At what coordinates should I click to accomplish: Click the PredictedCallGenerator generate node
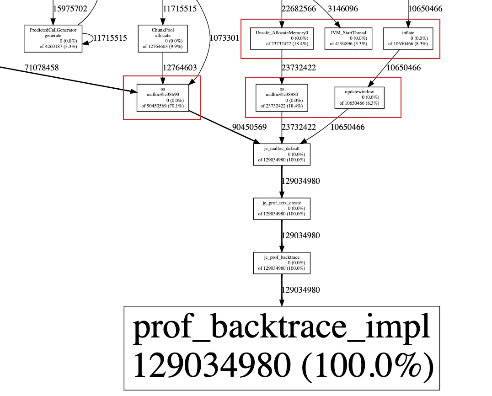[x=53, y=38]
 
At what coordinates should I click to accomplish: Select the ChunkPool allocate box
[x=163, y=38]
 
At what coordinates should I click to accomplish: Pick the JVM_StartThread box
[x=348, y=38]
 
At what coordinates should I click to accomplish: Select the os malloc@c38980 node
[x=282, y=97]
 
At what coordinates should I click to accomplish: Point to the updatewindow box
[x=359, y=97]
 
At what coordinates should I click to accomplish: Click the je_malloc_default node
[x=282, y=154]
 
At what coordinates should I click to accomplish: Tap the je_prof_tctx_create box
[x=282, y=209]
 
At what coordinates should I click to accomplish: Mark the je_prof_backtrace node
[x=282, y=263]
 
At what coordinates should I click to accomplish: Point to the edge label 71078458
[x=42, y=68]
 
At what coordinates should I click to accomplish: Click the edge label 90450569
[x=249, y=127]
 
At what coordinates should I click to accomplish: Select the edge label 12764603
[x=180, y=68]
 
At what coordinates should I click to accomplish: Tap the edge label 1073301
[x=224, y=38]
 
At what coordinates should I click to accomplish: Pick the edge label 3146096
[x=343, y=9]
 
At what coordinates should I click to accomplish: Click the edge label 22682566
[x=299, y=9]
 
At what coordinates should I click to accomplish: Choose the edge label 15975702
[x=70, y=9]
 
